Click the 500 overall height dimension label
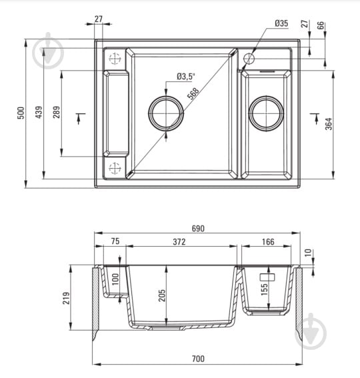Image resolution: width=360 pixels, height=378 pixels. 21,113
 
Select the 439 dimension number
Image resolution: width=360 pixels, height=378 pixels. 39,112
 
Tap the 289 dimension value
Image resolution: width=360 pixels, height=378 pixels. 57,112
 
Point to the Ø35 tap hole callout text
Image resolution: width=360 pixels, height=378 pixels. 281,23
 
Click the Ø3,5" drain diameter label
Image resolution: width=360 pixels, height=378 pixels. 185,77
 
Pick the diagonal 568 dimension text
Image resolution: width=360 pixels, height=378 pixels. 193,93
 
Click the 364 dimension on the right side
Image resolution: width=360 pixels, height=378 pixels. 329,124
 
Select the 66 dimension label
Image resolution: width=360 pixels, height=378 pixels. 321,25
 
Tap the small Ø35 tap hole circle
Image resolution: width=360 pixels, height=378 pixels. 249,59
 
